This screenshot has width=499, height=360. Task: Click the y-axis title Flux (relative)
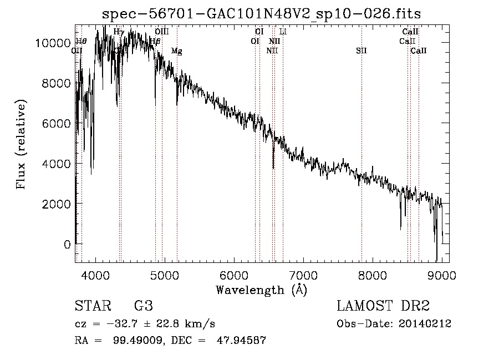22,145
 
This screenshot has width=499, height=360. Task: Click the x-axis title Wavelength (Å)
261,290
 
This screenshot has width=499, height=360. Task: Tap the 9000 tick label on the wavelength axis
442,275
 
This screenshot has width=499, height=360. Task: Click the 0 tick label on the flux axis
67,244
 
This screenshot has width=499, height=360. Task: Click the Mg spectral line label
176,51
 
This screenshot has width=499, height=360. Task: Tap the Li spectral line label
283,32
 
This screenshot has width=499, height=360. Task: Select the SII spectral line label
361,51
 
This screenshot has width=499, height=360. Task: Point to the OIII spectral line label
162,32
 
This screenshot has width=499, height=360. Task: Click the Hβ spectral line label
155,41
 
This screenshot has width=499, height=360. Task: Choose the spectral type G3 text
143,306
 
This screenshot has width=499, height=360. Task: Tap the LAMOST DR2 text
383,306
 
